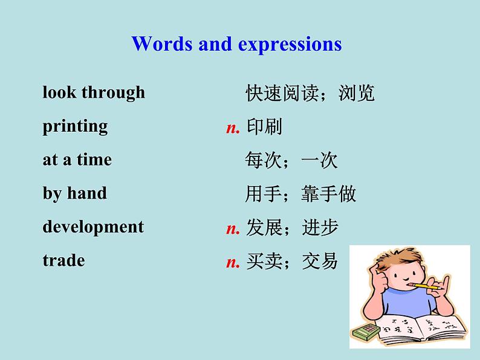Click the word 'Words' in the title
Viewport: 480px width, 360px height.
pyautogui.click(x=162, y=43)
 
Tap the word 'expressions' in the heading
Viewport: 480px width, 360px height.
pyautogui.click(x=290, y=45)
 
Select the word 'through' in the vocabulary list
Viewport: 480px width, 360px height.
pyautogui.click(x=113, y=92)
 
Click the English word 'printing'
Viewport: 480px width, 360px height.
pyautogui.click(x=75, y=126)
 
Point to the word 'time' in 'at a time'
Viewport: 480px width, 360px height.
pyautogui.click(x=94, y=159)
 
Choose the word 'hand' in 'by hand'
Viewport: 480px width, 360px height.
pyautogui.click(x=87, y=193)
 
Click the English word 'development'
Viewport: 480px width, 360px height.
pyautogui.click(x=93, y=227)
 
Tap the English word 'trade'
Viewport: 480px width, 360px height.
pyautogui.click(x=63, y=260)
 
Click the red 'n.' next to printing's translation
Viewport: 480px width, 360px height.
pyautogui.click(x=233, y=129)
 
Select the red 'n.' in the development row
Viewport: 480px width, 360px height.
pyautogui.click(x=233, y=229)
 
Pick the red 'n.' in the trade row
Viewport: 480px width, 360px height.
pyautogui.click(x=233, y=263)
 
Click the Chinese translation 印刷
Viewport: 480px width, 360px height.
pyautogui.click(x=264, y=127)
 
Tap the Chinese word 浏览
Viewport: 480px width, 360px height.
pyautogui.click(x=356, y=93)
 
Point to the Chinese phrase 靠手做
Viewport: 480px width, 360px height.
pyautogui.click(x=328, y=194)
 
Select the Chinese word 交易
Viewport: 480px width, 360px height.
pyautogui.click(x=320, y=261)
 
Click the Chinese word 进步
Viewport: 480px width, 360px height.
pyautogui.click(x=320, y=228)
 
